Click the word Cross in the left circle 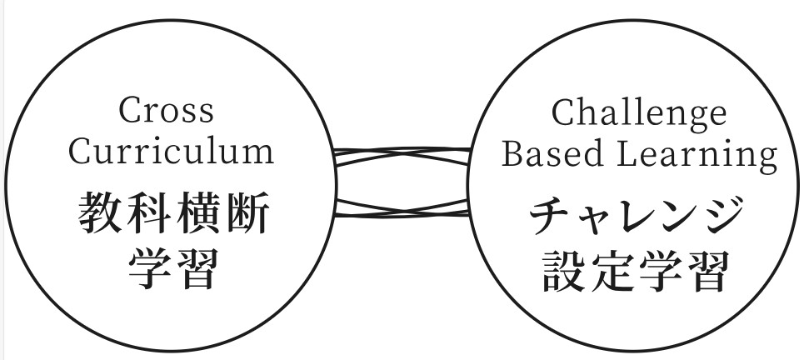[x=166, y=111]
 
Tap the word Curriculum [x=172, y=152]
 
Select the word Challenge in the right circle [x=638, y=112]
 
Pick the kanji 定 [x=614, y=272]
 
